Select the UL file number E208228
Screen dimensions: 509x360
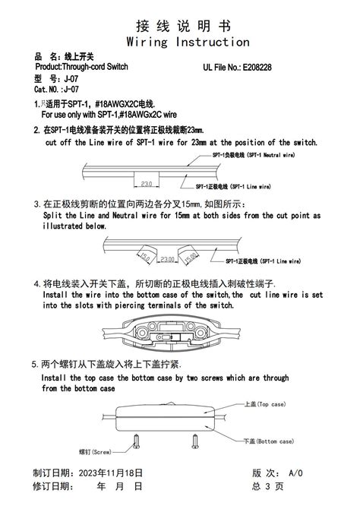pyautogui.click(x=261, y=67)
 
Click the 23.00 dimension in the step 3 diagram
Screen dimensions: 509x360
pyautogui.click(x=167, y=260)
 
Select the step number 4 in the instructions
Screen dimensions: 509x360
pyautogui.click(x=36, y=284)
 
